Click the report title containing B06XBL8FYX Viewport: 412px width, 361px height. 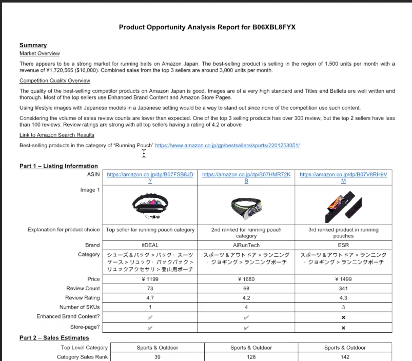point(207,27)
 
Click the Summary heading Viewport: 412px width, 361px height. point(33,45)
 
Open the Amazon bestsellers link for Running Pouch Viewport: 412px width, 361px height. point(227,145)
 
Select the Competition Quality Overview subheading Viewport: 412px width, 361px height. point(55,81)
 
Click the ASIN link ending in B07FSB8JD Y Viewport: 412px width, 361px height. point(150,175)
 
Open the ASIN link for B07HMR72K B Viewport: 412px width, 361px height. point(246,175)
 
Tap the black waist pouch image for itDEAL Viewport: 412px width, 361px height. point(150,206)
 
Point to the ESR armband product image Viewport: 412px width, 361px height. point(343,207)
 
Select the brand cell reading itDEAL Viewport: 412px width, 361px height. point(150,245)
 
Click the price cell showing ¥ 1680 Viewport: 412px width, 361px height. point(246,279)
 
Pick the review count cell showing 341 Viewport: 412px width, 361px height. point(343,288)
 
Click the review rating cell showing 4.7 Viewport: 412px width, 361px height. point(150,298)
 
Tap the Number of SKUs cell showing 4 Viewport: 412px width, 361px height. point(246,307)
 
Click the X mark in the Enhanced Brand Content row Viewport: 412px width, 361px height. point(344,317)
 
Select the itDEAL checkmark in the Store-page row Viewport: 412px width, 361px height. point(150,328)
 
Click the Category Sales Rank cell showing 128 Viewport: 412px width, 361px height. point(251,357)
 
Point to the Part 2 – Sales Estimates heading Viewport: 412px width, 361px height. point(54,338)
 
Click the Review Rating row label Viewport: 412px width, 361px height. point(82,298)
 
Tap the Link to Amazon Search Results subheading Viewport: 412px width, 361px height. point(57,135)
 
